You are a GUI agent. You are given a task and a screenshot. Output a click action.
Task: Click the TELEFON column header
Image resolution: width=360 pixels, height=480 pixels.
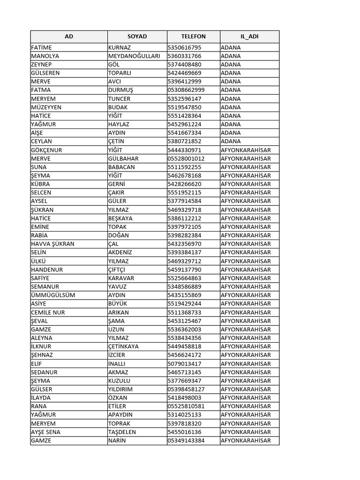click(193, 37)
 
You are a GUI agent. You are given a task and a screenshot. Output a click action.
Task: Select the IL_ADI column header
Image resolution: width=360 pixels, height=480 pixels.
click(249, 37)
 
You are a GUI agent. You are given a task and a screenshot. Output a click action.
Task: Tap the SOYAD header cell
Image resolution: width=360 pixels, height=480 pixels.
click(137, 37)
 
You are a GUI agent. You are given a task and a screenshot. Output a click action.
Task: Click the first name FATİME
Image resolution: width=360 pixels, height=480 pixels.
click(42, 47)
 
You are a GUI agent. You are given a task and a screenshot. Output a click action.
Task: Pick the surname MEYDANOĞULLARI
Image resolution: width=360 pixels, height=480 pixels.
click(134, 56)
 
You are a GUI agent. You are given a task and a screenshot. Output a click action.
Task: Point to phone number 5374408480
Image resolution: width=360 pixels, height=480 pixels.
click(184, 64)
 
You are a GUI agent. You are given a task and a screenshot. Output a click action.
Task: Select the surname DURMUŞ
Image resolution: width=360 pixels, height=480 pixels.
click(121, 90)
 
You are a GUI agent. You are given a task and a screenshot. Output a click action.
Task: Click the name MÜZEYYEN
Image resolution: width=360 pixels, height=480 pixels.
click(46, 107)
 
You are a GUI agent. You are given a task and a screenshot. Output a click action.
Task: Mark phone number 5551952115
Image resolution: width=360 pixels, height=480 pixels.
click(184, 193)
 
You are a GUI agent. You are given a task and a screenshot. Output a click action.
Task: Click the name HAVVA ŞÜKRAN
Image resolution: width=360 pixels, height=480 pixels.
click(52, 244)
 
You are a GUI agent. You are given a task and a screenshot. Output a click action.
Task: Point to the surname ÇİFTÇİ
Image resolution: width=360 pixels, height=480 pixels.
click(120, 270)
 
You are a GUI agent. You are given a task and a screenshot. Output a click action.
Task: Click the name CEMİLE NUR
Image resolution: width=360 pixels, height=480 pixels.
click(48, 312)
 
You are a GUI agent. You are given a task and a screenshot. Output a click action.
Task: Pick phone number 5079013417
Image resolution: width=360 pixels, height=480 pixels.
click(184, 363)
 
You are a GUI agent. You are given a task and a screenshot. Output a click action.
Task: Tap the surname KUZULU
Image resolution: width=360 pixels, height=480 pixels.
click(119, 381)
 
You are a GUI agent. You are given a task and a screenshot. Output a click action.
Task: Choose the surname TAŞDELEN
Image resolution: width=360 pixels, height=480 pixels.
click(122, 432)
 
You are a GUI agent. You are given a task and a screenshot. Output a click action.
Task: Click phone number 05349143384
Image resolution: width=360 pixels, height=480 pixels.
click(186, 440)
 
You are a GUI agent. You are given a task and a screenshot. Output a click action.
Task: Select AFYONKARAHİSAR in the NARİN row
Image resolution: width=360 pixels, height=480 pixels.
click(246, 440)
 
